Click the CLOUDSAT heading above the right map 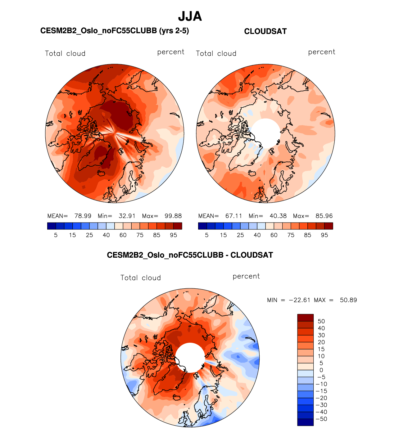point(265,31)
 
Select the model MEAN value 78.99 point(83,216)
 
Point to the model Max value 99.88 point(173,216)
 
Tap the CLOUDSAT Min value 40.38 point(278,216)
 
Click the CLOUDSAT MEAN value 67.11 point(234,216)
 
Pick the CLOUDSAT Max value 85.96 point(324,216)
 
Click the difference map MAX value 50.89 point(348,300)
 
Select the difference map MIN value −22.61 point(300,300)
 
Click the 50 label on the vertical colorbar point(321,321)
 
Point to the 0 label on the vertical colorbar point(321,370)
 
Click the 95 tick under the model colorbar point(173,235)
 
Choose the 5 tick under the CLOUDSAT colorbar point(207,235)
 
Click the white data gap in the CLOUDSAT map point(266,133)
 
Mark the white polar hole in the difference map point(190,358)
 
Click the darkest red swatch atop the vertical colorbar point(305,318)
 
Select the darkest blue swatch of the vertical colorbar point(305,422)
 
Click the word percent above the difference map point(246,277)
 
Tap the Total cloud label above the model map point(65,54)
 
